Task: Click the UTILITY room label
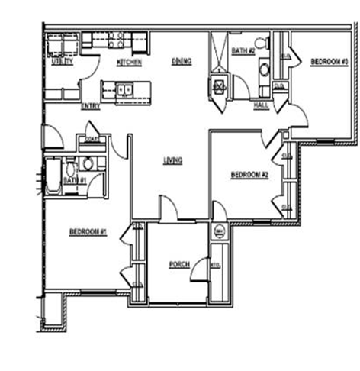pos(63,62)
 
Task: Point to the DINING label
pos(181,61)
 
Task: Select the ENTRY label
pos(91,106)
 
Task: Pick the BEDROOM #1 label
pos(87,231)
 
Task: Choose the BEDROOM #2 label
pos(249,175)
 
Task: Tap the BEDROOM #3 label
pos(329,61)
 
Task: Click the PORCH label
pos(179,265)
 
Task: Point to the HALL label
pos(261,105)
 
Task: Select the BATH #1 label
pos(74,180)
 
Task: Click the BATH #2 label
pos(243,51)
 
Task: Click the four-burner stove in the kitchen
pos(117,40)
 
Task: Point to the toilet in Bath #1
pos(87,163)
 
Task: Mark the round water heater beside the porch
pos(217,231)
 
